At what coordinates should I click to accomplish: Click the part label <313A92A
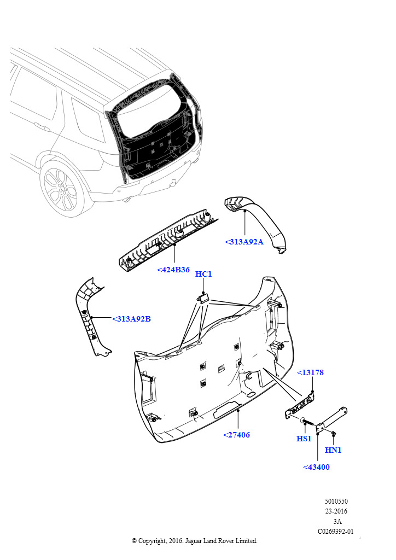coord(244,242)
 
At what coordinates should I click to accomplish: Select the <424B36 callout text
coord(173,270)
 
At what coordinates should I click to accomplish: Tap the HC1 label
coord(203,274)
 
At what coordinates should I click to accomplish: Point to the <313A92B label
coord(131,319)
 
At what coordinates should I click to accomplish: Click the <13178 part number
coord(310,372)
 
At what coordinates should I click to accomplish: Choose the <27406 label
coord(236,435)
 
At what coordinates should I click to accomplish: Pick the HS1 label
coord(304,439)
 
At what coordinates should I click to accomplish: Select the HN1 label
coord(333,450)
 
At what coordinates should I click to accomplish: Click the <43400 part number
coord(316,467)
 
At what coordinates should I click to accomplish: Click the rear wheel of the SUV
coord(61,189)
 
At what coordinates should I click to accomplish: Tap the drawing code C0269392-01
coord(336,531)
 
